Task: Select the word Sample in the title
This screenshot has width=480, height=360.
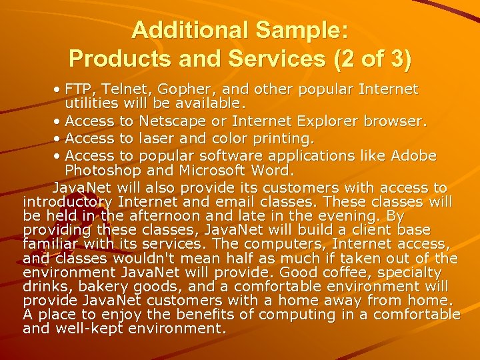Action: pos(295,30)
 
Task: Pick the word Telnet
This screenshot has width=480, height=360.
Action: pos(126,89)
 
